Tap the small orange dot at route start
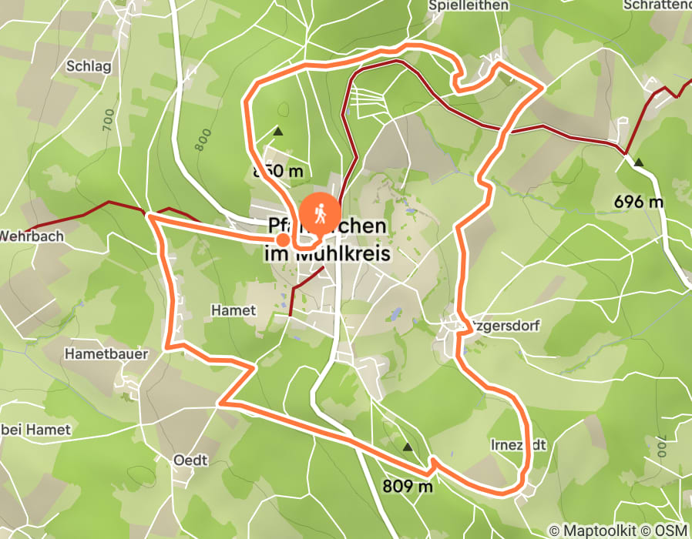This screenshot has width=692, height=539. pyautogui.click(x=283, y=240)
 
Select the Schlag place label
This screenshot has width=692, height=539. pyautogui.click(x=89, y=66)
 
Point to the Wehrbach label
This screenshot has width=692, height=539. pyautogui.click(x=32, y=236)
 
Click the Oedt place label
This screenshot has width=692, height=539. pyautogui.click(x=191, y=460)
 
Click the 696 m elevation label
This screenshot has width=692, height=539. pyautogui.click(x=639, y=202)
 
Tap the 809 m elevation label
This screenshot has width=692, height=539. pyautogui.click(x=408, y=486)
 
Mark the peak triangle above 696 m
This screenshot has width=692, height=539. pyautogui.click(x=639, y=162)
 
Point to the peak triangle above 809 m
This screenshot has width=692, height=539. pyautogui.click(x=407, y=447)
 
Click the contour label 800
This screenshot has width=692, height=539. pyautogui.click(x=203, y=139)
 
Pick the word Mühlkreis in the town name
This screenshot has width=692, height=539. pyautogui.click(x=340, y=253)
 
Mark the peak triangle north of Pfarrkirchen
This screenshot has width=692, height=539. pyautogui.click(x=278, y=132)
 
